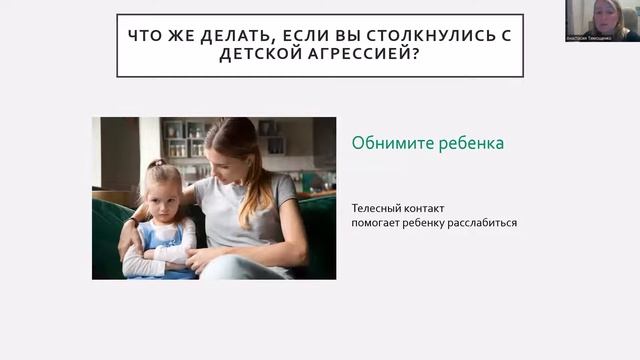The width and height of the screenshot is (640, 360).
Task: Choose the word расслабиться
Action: pos(483,222)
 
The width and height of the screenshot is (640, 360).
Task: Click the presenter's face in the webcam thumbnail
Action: pos(604,16)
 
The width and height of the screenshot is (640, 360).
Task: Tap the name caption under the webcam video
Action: pos(602,36)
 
